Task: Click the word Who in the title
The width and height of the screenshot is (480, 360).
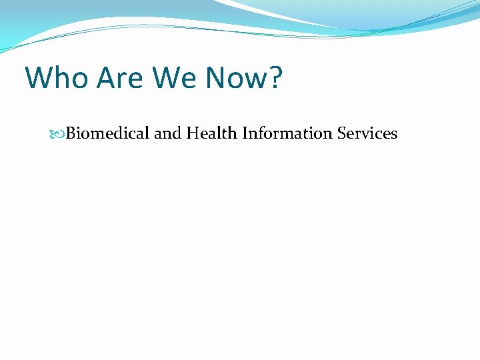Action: pos(57,78)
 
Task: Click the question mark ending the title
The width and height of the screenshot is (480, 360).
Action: pos(275,78)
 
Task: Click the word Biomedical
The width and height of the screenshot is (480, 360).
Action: pos(108,133)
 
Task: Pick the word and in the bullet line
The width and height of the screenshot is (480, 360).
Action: pos(167,133)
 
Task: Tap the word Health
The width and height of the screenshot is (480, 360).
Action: pos(211,133)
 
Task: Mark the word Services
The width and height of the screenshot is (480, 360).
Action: pos(367,133)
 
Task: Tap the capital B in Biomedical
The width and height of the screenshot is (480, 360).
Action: pos(71,133)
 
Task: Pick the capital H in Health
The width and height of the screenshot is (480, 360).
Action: pos(192,133)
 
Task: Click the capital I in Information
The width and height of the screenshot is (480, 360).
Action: pos(245,133)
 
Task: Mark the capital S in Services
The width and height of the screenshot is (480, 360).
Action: pos(341,133)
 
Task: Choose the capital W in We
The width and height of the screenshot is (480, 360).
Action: pos(167,78)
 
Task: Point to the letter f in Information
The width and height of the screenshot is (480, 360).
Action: pos(260,133)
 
